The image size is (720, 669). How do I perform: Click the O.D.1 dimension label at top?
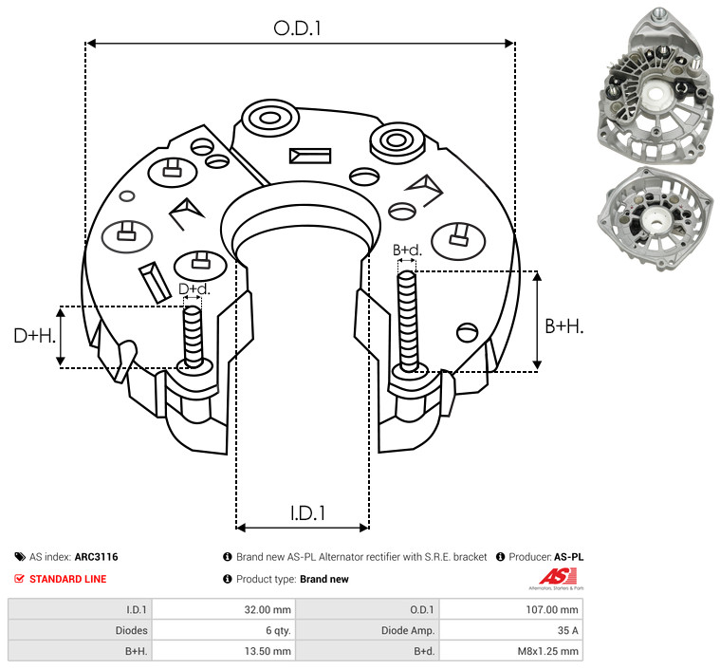297,28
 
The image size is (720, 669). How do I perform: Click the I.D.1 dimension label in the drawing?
307,513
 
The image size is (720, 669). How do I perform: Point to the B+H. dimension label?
563,326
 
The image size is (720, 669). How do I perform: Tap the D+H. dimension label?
34,336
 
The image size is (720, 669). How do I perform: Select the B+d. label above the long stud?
407,250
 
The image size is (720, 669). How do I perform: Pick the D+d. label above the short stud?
194,289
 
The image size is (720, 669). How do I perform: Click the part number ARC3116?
97,557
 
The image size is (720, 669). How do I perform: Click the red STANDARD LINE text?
68,579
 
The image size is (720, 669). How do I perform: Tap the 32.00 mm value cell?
224,610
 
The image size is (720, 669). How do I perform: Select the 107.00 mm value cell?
511,610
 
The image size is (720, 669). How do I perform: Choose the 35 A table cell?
511,630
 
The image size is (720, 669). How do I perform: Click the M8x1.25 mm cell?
511,651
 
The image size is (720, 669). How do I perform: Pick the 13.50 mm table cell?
224,651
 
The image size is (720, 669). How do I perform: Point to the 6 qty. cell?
224,630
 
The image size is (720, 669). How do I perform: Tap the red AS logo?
558,577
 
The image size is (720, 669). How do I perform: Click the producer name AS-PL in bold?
569,557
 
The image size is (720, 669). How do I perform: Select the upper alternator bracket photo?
655,85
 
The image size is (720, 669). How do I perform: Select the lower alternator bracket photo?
655,218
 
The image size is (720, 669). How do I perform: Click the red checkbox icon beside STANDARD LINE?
19,579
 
